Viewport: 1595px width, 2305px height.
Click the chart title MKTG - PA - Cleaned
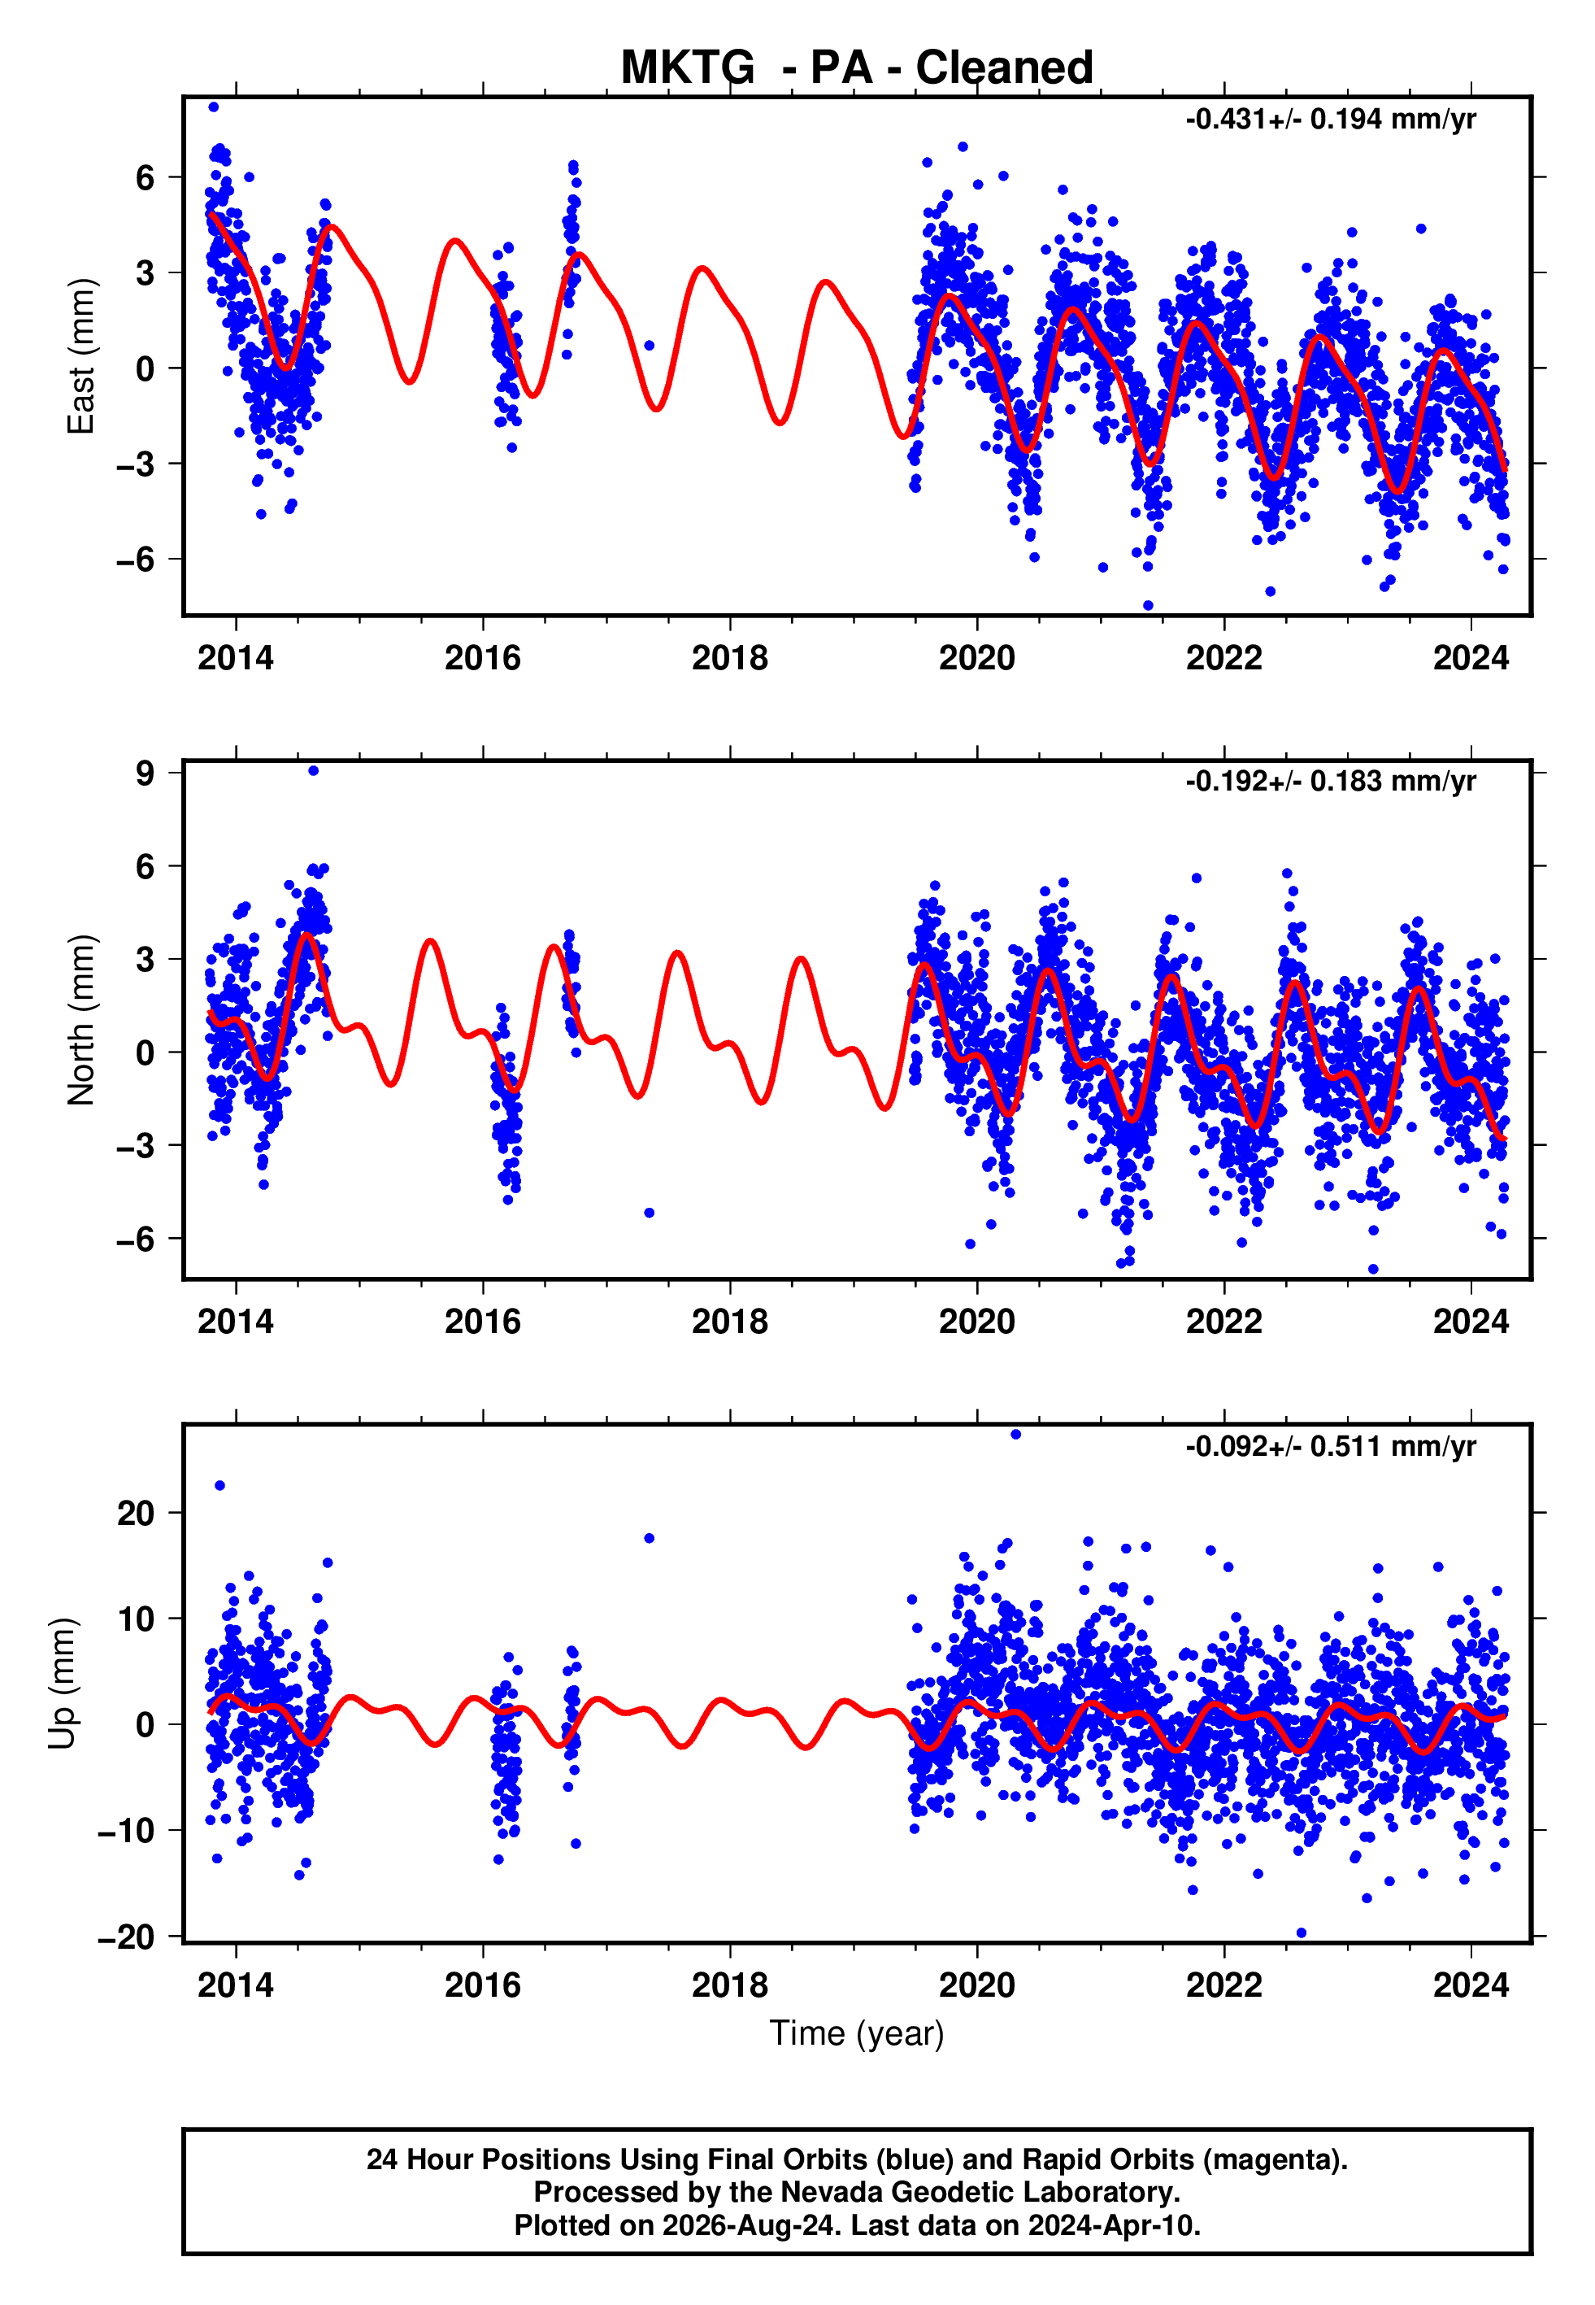pyautogui.click(x=857, y=68)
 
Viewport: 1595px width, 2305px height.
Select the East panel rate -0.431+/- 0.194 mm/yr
pyautogui.click(x=1330, y=119)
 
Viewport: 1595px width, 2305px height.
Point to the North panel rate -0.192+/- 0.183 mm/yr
pyautogui.click(x=1330, y=781)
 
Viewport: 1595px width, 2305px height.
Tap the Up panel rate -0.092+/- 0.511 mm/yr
pyautogui.click(x=1330, y=1445)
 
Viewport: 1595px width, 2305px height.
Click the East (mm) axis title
pyautogui.click(x=81, y=356)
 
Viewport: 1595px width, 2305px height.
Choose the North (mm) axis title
pyautogui.click(x=81, y=1020)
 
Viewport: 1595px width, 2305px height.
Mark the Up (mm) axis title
pyautogui.click(x=62, y=1684)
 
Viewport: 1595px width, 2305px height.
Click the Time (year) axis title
pyautogui.click(x=857, y=2033)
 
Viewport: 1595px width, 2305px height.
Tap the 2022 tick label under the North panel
pyautogui.click(x=1224, y=1322)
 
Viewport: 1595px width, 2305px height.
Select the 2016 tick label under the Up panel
pyautogui.click(x=483, y=1985)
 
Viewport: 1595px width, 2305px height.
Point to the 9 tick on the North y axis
pyautogui.click(x=146, y=773)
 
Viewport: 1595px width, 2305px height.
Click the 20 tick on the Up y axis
pyautogui.click(x=136, y=1514)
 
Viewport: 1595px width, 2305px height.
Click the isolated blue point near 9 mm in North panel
pyautogui.click(x=314, y=771)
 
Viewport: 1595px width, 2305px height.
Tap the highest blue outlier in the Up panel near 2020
pyautogui.click(x=1015, y=1435)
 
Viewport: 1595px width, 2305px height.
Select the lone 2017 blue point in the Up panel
pyautogui.click(x=650, y=1538)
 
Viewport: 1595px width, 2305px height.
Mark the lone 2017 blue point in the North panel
pyautogui.click(x=650, y=1213)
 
